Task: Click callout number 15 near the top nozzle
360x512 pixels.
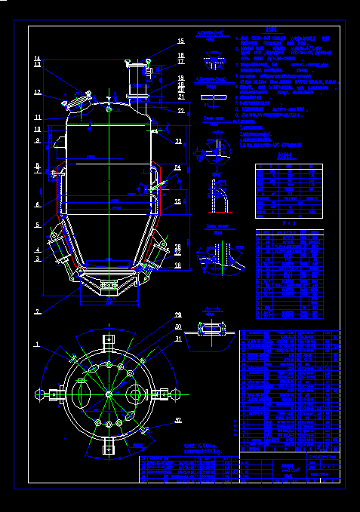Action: coord(181,41)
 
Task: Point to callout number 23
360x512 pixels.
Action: coord(178,141)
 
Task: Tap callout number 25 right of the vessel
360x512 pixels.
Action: coord(178,201)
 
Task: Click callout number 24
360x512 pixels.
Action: coord(178,167)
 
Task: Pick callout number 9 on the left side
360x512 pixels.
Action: coord(36,140)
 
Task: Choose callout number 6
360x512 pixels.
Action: coord(36,204)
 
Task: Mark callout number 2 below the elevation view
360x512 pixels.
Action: coord(36,311)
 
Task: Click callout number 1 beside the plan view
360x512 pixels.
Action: coord(36,345)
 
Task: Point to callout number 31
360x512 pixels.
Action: coord(178,339)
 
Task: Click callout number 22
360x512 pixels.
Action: coord(181,110)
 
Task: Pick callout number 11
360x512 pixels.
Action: coord(36,118)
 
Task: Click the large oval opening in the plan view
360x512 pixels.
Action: coord(84,394)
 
